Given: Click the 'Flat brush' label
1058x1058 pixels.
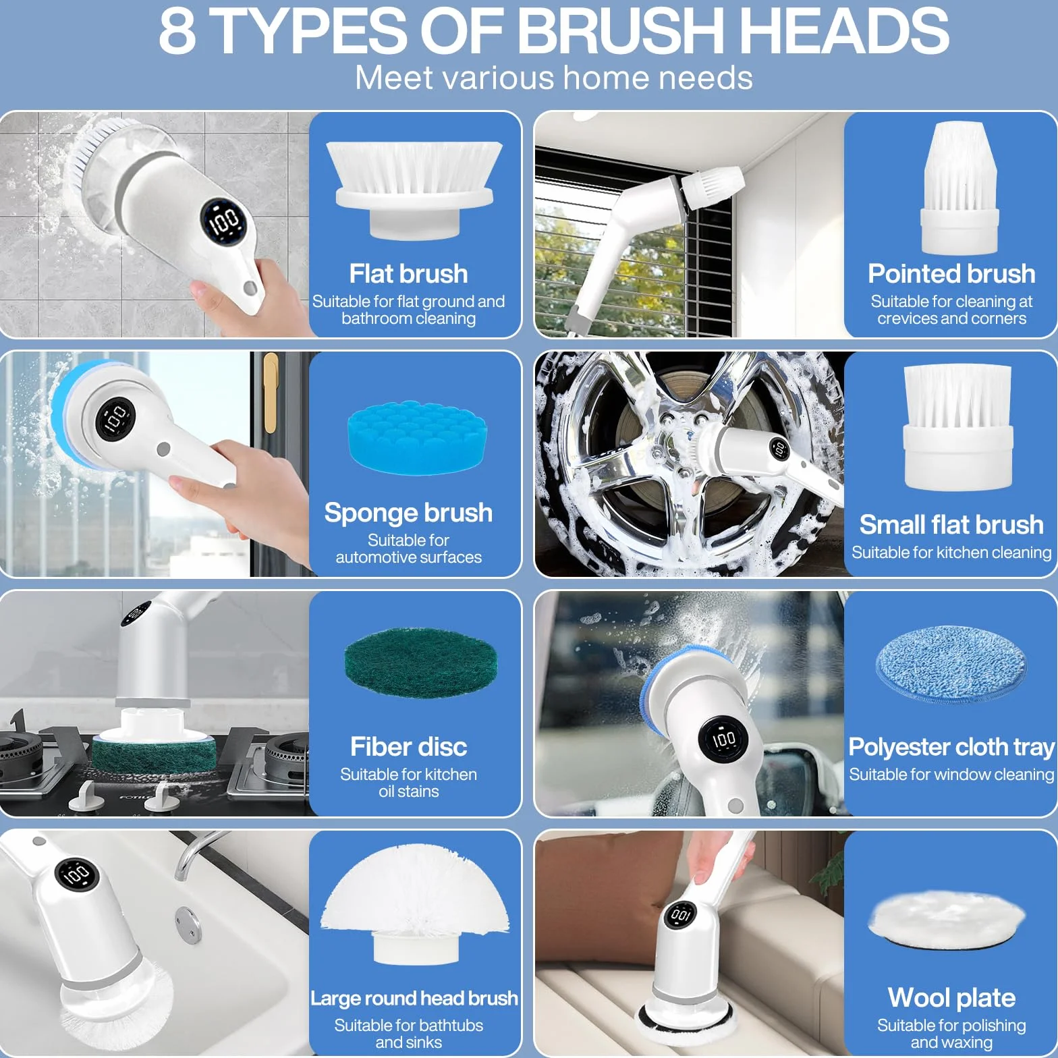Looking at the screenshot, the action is click(x=408, y=274).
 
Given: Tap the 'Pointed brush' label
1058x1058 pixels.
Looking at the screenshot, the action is click(x=951, y=274).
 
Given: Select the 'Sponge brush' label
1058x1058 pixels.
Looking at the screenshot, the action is click(x=408, y=513).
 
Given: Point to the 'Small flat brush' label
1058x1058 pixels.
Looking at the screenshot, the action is click(x=951, y=524).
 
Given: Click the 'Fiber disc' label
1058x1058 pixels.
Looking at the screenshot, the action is click(x=408, y=747).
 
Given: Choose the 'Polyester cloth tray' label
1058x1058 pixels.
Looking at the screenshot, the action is click(x=951, y=747).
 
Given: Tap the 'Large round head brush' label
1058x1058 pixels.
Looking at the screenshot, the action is click(x=414, y=998).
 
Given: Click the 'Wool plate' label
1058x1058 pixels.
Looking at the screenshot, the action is click(x=951, y=997).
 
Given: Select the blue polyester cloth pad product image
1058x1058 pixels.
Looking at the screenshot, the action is click(x=951, y=664).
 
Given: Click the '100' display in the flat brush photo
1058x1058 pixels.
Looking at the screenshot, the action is click(x=223, y=220).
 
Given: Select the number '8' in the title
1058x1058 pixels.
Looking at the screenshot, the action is click(x=177, y=30).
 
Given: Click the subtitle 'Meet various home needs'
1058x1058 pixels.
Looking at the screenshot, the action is click(x=554, y=78).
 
